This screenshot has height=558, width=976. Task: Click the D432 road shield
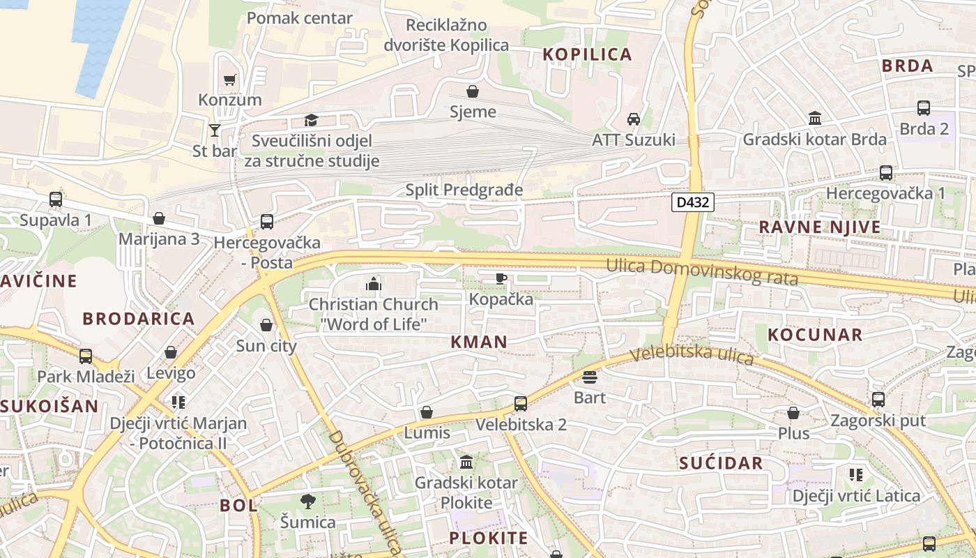pyautogui.click(x=693, y=202)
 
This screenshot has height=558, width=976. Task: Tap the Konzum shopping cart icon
pyautogui.click(x=230, y=80)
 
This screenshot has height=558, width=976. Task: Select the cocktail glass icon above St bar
pyautogui.click(x=215, y=130)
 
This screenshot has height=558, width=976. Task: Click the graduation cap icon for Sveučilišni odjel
pyautogui.click(x=311, y=121)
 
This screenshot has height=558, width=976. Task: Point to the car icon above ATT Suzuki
pyautogui.click(x=634, y=119)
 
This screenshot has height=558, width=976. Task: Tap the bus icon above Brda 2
pyautogui.click(x=924, y=108)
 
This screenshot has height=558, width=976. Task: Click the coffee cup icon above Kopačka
pyautogui.click(x=501, y=279)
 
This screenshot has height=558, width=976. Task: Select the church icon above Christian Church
pyautogui.click(x=374, y=284)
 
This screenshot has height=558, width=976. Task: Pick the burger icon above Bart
pyautogui.click(x=590, y=377)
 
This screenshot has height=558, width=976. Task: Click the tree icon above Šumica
pyautogui.click(x=307, y=501)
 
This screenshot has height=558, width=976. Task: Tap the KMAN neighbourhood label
pyautogui.click(x=479, y=342)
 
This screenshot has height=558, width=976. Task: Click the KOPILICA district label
pyautogui.click(x=587, y=54)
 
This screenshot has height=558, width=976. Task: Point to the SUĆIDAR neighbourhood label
pyautogui.click(x=721, y=463)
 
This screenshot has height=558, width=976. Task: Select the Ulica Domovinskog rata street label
pyautogui.click(x=702, y=272)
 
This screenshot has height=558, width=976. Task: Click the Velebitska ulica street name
pyautogui.click(x=692, y=355)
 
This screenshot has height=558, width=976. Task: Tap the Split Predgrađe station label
pyautogui.click(x=464, y=190)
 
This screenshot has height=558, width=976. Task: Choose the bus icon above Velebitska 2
pyautogui.click(x=521, y=404)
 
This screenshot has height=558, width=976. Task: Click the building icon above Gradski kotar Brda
pyautogui.click(x=815, y=119)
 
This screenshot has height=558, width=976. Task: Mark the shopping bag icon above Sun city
pyautogui.click(x=266, y=325)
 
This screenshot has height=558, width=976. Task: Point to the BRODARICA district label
pyautogui.click(x=139, y=319)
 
